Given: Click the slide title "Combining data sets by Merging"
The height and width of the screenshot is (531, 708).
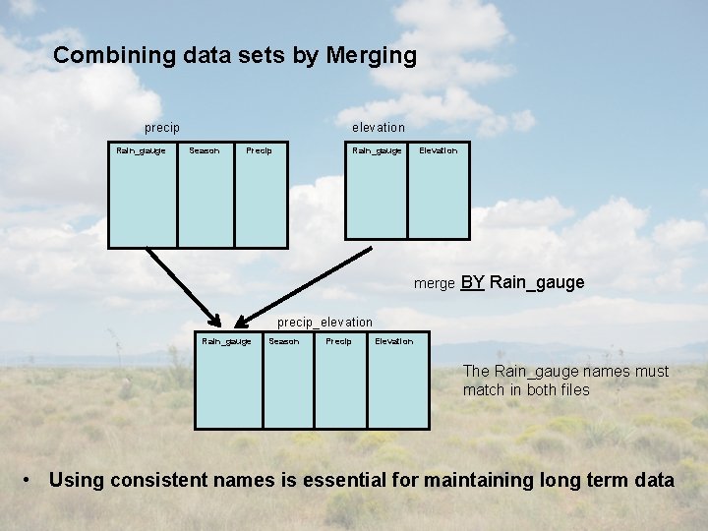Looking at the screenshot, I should click(235, 55).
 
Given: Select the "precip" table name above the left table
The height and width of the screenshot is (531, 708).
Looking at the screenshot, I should click(161, 127).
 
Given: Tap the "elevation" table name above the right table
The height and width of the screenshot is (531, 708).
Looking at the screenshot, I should click(379, 127).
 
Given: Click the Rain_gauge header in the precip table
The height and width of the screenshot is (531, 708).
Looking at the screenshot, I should click(141, 150).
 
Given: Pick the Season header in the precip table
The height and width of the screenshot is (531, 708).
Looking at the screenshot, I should click(205, 150).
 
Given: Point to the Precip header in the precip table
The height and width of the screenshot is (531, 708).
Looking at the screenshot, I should click(260, 150).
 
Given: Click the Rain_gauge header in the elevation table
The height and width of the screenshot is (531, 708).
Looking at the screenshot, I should click(377, 150).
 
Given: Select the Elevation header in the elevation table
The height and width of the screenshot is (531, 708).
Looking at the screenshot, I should click(439, 150).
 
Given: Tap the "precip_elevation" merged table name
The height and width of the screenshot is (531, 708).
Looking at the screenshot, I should click(324, 322).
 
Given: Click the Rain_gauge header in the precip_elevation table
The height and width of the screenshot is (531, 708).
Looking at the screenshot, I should click(226, 341).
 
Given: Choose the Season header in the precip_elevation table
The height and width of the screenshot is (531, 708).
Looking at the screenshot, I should click(284, 341).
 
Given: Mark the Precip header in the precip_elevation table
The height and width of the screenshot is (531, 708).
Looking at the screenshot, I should click(338, 341).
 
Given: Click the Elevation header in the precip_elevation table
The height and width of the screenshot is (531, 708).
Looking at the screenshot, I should click(394, 341).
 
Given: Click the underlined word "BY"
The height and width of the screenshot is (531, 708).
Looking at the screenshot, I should click(472, 283).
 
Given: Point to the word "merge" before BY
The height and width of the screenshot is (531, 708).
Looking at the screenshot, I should click(434, 284).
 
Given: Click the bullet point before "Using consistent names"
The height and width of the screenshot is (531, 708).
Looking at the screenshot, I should click(30, 481).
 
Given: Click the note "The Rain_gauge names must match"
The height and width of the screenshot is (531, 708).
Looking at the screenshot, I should click(564, 381).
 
